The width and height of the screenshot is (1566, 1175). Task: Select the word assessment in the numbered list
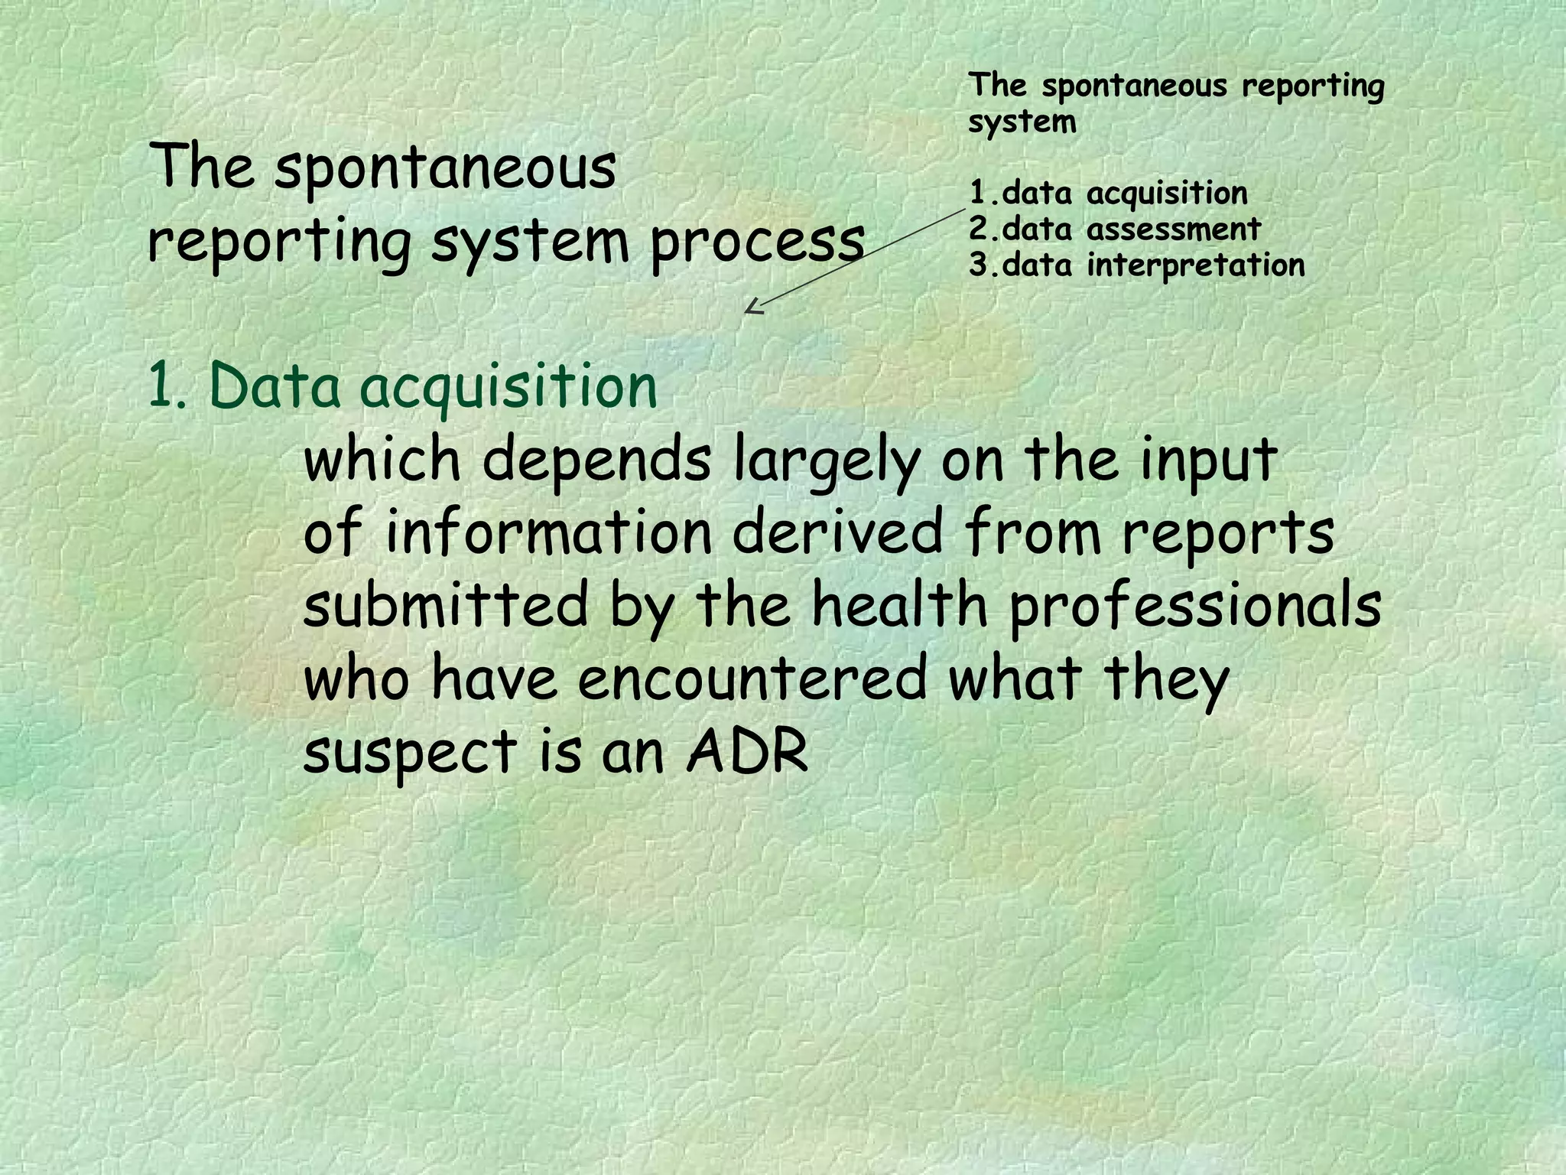[1174, 229]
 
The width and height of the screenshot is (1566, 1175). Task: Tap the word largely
[826, 462]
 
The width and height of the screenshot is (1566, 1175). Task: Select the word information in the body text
[549, 532]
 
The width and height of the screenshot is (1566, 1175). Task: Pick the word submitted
[446, 604]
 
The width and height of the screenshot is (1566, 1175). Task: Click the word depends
[596, 462]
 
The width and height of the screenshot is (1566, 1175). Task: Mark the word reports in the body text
[1228, 534]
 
